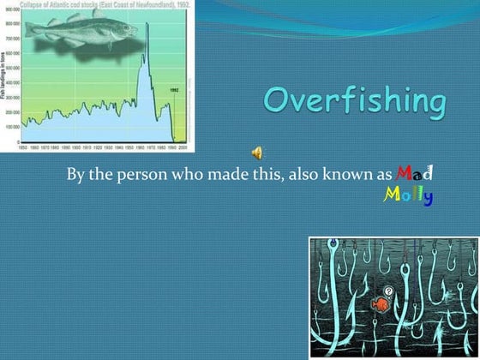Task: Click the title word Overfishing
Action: (354, 102)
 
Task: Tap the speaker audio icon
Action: (256, 153)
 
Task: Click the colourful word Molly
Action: (407, 196)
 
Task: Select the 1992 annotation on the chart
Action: (173, 89)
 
